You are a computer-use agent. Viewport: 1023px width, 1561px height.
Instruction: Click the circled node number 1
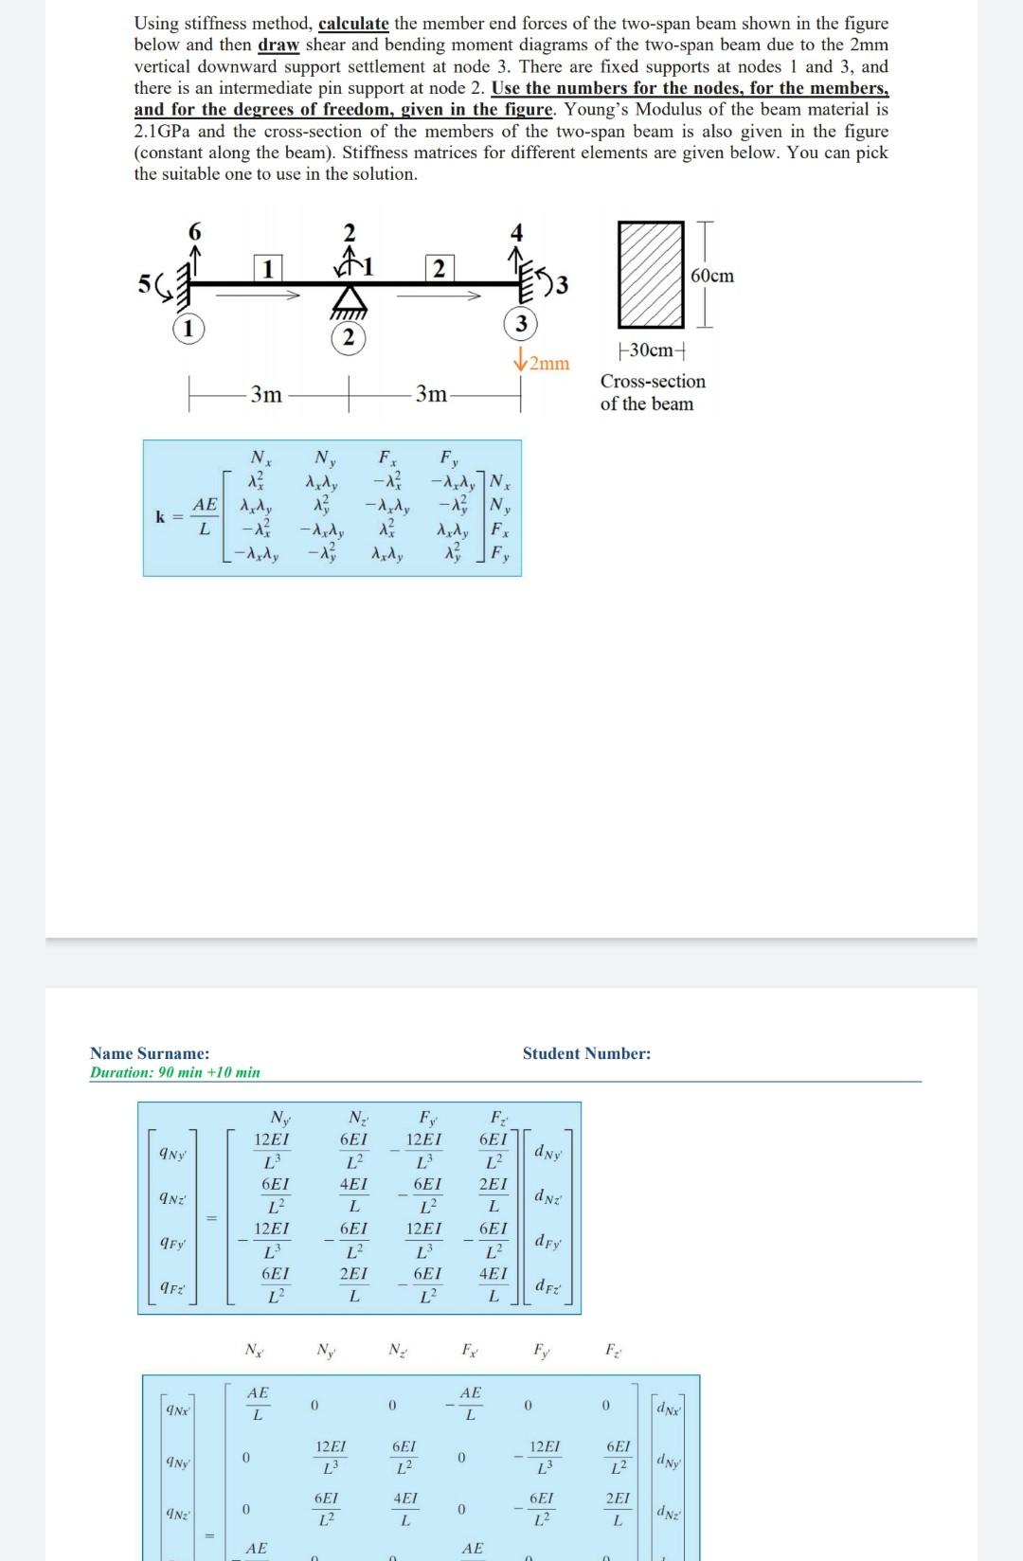188,329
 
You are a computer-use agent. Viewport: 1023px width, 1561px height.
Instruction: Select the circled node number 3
520,323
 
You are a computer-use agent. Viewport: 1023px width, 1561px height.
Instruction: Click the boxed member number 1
267,269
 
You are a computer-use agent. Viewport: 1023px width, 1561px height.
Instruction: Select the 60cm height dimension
712,276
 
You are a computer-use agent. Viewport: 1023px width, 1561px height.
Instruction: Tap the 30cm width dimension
651,350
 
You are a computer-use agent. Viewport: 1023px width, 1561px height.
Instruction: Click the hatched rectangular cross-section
651,275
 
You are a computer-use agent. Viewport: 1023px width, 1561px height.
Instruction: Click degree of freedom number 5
143,283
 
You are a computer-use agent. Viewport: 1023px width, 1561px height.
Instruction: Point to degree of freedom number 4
516,232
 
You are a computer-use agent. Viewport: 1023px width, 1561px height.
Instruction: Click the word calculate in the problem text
354,23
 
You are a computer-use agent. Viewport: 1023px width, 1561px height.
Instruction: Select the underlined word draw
278,45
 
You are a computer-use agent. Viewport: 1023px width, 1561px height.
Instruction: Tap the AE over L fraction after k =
205,516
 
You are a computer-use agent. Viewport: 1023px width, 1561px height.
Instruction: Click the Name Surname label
150,1053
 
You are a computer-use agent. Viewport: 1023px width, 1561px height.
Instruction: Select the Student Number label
586,1053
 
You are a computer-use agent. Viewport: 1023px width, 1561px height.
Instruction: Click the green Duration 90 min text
174,1072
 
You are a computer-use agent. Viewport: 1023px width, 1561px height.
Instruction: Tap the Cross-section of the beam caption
652,392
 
